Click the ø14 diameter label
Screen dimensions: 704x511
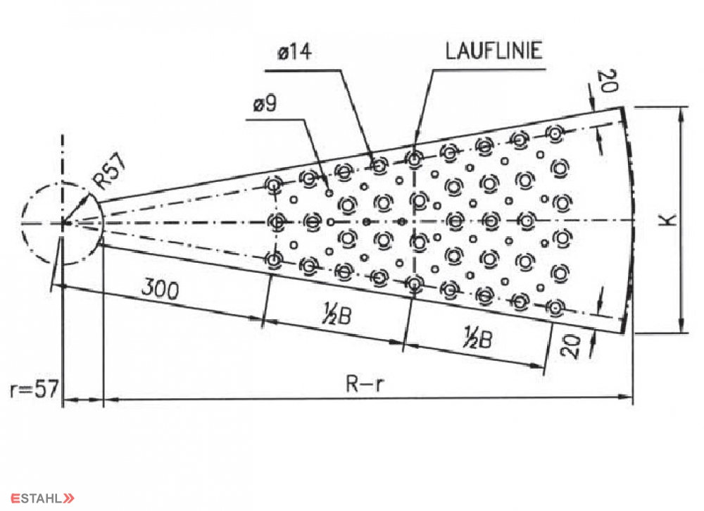click(x=294, y=51)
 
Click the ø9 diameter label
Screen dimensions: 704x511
click(x=265, y=104)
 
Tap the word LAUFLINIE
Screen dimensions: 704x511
click(x=494, y=50)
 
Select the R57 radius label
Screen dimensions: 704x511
click(x=110, y=171)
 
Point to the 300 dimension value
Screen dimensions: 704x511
click(x=161, y=289)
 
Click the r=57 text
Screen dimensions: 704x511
click(x=34, y=388)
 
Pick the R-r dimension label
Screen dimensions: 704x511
click(x=365, y=384)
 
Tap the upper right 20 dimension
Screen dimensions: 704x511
click(x=608, y=81)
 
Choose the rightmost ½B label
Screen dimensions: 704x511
click(x=478, y=338)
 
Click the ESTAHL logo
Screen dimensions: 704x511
click(x=43, y=498)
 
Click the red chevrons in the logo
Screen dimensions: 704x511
click(x=69, y=498)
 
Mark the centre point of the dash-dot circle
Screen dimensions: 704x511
click(x=63, y=223)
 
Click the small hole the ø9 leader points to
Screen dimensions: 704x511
click(x=329, y=193)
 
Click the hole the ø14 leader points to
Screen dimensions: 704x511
click(x=379, y=166)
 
